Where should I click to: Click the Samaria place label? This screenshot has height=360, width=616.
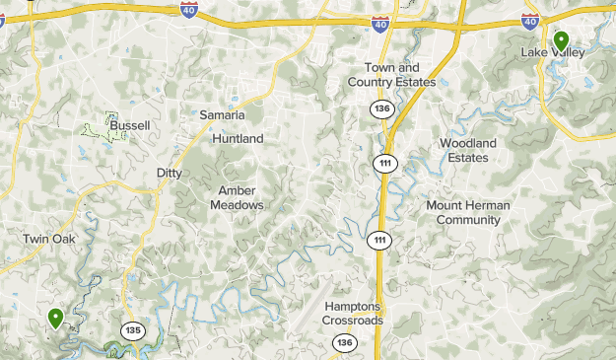[x=222, y=115]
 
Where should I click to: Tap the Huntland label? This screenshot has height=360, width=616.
[x=238, y=139]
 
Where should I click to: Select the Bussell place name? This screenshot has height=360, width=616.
[x=130, y=125]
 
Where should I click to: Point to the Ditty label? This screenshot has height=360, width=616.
[x=170, y=173]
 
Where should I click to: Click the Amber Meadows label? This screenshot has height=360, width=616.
[x=237, y=197]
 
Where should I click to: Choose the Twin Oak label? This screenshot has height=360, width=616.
[x=49, y=239]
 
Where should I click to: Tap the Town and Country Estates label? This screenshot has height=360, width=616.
[x=392, y=75]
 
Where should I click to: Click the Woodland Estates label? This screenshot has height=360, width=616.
[x=467, y=150]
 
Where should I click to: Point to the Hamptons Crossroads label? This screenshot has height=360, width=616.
[x=353, y=314]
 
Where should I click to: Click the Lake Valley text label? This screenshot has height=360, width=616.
[x=553, y=52]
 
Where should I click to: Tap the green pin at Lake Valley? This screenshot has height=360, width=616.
[x=561, y=40]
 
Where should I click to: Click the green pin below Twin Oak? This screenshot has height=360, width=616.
[x=56, y=318]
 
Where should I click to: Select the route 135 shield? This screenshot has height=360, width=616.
[x=133, y=329]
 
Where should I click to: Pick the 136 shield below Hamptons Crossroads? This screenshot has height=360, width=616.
[x=343, y=342]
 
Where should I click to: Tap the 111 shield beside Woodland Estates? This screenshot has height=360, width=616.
[x=385, y=163]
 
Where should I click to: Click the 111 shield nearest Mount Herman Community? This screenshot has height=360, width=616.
[x=380, y=240]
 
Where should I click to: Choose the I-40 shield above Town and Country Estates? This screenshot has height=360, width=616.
[x=380, y=22]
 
